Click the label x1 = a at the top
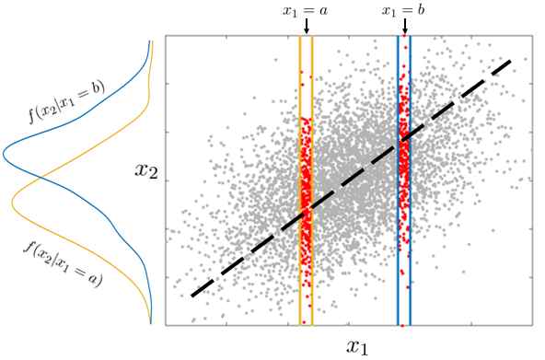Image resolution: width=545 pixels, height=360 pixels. [x=306, y=10]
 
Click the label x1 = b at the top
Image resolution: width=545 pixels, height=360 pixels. [x=404, y=10]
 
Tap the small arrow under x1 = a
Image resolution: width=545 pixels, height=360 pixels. [x=306, y=28]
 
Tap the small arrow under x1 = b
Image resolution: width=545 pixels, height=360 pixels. [x=404, y=28]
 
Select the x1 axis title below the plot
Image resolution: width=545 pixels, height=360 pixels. [x=356, y=346]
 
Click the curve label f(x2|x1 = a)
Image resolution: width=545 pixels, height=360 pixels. [x=64, y=261]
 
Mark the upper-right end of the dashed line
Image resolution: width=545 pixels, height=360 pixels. [x=509, y=62]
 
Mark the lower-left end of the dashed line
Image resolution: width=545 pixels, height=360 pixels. [x=191, y=296]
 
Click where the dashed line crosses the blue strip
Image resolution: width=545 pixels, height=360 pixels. [x=404, y=139]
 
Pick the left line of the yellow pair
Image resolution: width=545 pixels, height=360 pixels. [x=300, y=184]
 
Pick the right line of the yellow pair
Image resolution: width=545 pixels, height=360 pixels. [x=312, y=184]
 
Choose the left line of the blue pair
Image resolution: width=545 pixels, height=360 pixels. [x=398, y=184]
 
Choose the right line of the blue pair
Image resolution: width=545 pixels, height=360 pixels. [x=410, y=184]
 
